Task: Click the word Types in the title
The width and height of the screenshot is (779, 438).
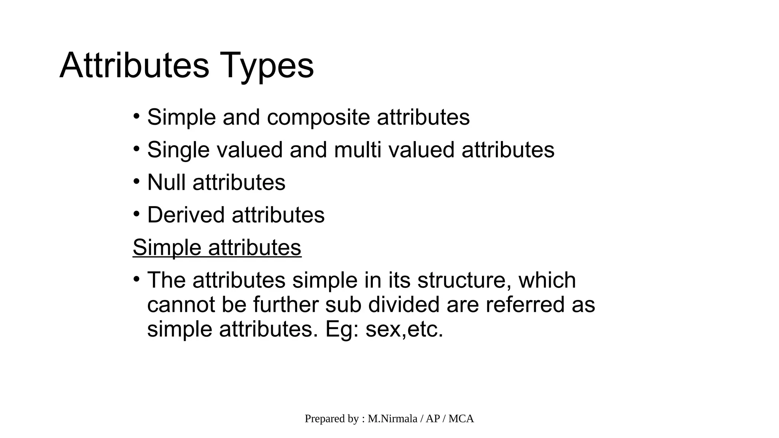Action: (x=267, y=66)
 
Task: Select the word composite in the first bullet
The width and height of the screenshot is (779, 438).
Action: (x=318, y=117)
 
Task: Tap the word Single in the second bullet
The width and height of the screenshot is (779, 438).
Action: (x=178, y=150)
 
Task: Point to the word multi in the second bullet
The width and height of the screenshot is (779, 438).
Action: (x=357, y=150)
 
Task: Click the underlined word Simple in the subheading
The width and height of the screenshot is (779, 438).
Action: (x=167, y=248)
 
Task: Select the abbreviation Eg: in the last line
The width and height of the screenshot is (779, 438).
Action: (x=342, y=329)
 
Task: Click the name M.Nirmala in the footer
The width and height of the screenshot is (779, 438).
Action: (x=393, y=419)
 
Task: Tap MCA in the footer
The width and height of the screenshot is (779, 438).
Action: (x=461, y=419)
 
